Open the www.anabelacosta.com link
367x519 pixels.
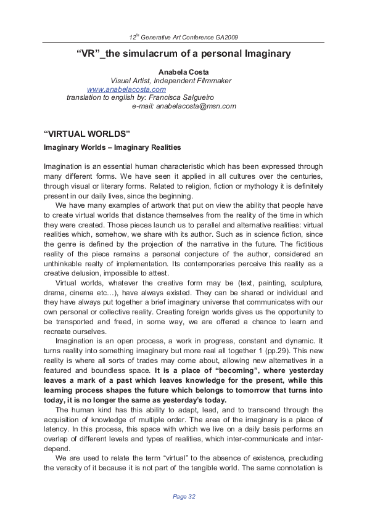[x=126, y=89]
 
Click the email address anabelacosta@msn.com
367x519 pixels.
[x=196, y=106]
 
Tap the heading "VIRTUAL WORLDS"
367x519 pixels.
[x=86, y=134]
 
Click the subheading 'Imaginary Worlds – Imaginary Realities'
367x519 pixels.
[x=112, y=147]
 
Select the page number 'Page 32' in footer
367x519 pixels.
[x=184, y=496]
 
